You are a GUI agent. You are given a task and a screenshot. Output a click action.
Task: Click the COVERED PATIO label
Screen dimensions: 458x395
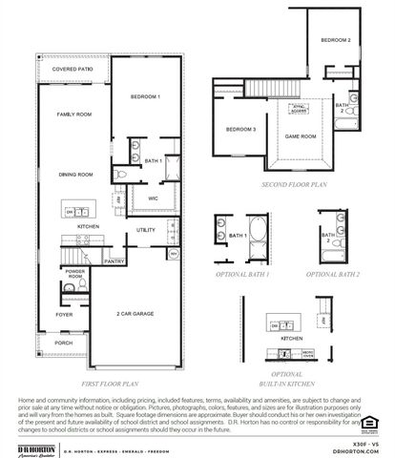coord(73,70)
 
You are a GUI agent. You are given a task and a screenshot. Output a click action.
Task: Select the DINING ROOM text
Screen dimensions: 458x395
coord(73,175)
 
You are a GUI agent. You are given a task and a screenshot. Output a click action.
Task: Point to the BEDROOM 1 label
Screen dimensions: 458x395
coord(145,97)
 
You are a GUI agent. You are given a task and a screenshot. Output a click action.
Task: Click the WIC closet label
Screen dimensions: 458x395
coord(153,198)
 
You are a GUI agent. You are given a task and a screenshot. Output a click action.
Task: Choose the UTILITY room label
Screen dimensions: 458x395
coord(146,230)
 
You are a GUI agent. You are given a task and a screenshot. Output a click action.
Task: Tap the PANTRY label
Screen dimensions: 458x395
coord(114,260)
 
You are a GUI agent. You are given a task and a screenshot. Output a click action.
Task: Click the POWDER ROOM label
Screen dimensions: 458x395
coord(74,275)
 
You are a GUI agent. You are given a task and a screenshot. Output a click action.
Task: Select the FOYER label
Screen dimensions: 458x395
coord(64,314)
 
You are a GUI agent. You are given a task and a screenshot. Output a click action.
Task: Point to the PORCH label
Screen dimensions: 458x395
coord(64,343)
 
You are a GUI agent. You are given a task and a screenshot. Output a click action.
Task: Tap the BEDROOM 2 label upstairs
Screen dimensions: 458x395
coord(335,40)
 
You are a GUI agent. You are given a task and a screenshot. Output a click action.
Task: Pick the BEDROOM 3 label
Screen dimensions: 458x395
coord(240,129)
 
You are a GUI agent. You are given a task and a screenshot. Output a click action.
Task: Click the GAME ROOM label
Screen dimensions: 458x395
coord(301,136)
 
